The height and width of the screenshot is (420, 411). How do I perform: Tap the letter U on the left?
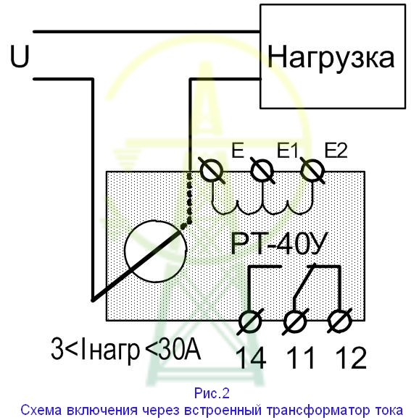tap(20, 56)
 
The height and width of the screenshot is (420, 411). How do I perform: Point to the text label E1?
tap(287, 150)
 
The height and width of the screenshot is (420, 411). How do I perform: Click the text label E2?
tap(336, 150)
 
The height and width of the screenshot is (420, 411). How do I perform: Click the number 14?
tap(252, 358)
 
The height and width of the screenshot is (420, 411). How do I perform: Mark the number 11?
tap(300, 358)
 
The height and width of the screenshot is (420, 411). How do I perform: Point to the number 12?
tap(351, 358)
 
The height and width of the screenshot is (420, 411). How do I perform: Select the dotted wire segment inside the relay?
tap(188, 201)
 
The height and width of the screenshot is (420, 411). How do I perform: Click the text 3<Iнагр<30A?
tap(125, 350)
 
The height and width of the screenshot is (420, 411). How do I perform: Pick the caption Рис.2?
tap(212, 393)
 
